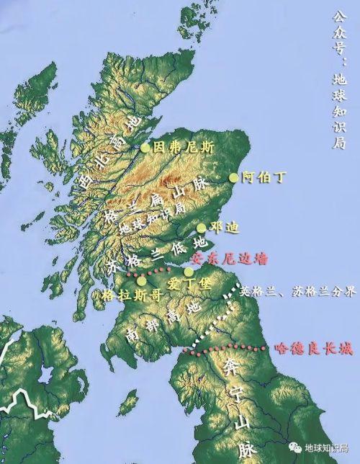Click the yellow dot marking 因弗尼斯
145,148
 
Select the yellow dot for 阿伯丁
233,177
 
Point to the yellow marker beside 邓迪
202,228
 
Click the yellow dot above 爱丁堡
189,272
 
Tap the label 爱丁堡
188,285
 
